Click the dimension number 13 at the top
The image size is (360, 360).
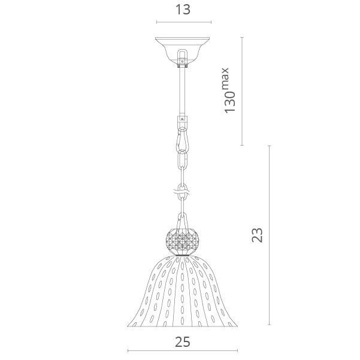click(x=183, y=10)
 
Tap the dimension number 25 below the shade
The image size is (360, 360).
click(x=183, y=342)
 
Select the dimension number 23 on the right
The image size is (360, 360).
click(x=257, y=235)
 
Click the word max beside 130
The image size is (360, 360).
click(x=225, y=78)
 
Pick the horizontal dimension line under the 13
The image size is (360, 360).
click(x=184, y=22)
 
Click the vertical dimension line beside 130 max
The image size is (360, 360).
click(x=242, y=91)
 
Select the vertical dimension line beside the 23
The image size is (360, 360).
click(x=270, y=235)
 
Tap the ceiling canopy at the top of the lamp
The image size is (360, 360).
click(x=183, y=52)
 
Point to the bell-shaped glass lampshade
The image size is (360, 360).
click(x=183, y=291)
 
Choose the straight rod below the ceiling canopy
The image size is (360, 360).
click(x=182, y=92)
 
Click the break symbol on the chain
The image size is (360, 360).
click(x=183, y=192)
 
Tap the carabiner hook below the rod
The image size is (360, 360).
click(x=182, y=139)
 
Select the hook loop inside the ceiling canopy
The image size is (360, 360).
click(x=183, y=57)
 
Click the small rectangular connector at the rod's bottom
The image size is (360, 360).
click(x=182, y=119)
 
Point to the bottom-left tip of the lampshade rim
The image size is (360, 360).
click(x=127, y=326)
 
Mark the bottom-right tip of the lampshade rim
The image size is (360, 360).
click(x=238, y=326)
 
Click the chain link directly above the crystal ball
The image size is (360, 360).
click(x=183, y=220)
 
